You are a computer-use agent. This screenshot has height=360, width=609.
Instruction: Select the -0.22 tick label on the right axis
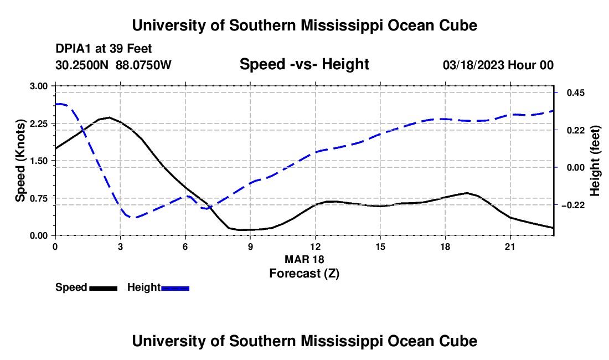pyautogui.click(x=573, y=205)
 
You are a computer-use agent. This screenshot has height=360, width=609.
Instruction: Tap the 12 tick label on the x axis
pyautogui.click(x=316, y=246)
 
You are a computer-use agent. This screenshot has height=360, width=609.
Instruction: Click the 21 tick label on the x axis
pyautogui.click(x=509, y=246)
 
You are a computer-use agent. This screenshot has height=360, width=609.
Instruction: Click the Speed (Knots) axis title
pyautogui.click(x=20, y=161)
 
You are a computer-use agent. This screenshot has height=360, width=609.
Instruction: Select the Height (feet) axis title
pyautogui.click(x=595, y=161)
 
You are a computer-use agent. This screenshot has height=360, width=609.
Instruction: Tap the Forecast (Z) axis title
pyautogui.click(x=304, y=274)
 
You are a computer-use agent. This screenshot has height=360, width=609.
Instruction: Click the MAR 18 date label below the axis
pyautogui.click(x=304, y=259)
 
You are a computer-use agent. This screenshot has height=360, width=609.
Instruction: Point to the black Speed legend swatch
pyautogui.click(x=103, y=288)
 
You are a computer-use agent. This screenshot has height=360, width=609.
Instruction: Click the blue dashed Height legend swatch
pyautogui.click(x=175, y=288)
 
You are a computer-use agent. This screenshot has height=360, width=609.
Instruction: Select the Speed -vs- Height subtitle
pyautogui.click(x=304, y=64)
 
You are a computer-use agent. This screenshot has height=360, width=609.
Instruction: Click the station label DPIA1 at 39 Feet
pyautogui.click(x=104, y=49)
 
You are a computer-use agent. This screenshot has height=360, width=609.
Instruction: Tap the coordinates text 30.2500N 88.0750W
pyautogui.click(x=113, y=65)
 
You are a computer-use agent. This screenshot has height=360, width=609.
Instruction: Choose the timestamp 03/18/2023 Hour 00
pyautogui.click(x=498, y=65)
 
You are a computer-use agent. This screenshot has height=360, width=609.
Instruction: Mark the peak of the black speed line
pyautogui.click(x=109, y=117)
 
